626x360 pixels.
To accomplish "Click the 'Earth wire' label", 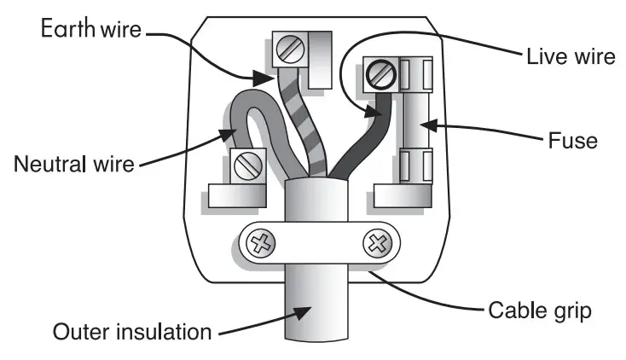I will (x=92, y=30).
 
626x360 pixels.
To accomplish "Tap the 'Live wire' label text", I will (x=568, y=57).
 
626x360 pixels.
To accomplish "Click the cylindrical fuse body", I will (x=417, y=125).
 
